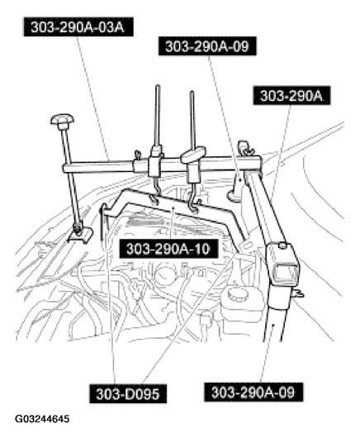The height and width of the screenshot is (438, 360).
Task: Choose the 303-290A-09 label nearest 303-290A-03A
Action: click(206, 47)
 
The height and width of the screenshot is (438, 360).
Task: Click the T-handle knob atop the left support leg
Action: click(60, 122)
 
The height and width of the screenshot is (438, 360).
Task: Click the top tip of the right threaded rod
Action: click(192, 93)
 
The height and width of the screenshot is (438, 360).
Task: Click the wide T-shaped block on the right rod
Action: click(192, 158)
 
